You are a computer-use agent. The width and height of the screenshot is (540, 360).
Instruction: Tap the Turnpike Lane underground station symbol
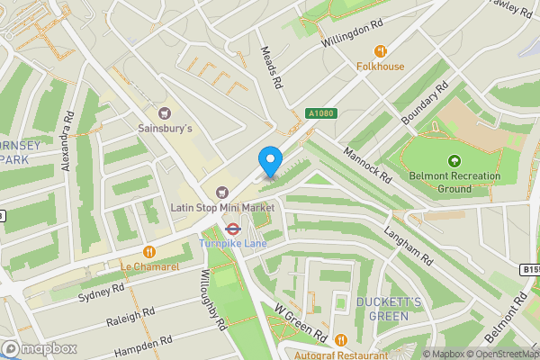pyautogui.click(x=231, y=229)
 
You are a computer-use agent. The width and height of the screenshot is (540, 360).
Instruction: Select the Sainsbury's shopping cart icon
pyautogui.click(x=164, y=112)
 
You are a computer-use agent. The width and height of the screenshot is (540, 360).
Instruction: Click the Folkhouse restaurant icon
pyautogui.click(x=381, y=50)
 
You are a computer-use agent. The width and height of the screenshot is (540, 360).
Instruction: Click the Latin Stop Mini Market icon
pyautogui.click(x=221, y=191)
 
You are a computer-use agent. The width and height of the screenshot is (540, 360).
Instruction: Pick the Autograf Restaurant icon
pyautogui.click(x=341, y=339)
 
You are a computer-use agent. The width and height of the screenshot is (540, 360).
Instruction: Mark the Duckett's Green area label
pyautogui.click(x=382, y=309)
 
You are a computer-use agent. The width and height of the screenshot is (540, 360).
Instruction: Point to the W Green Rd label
pyautogui.click(x=302, y=321)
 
